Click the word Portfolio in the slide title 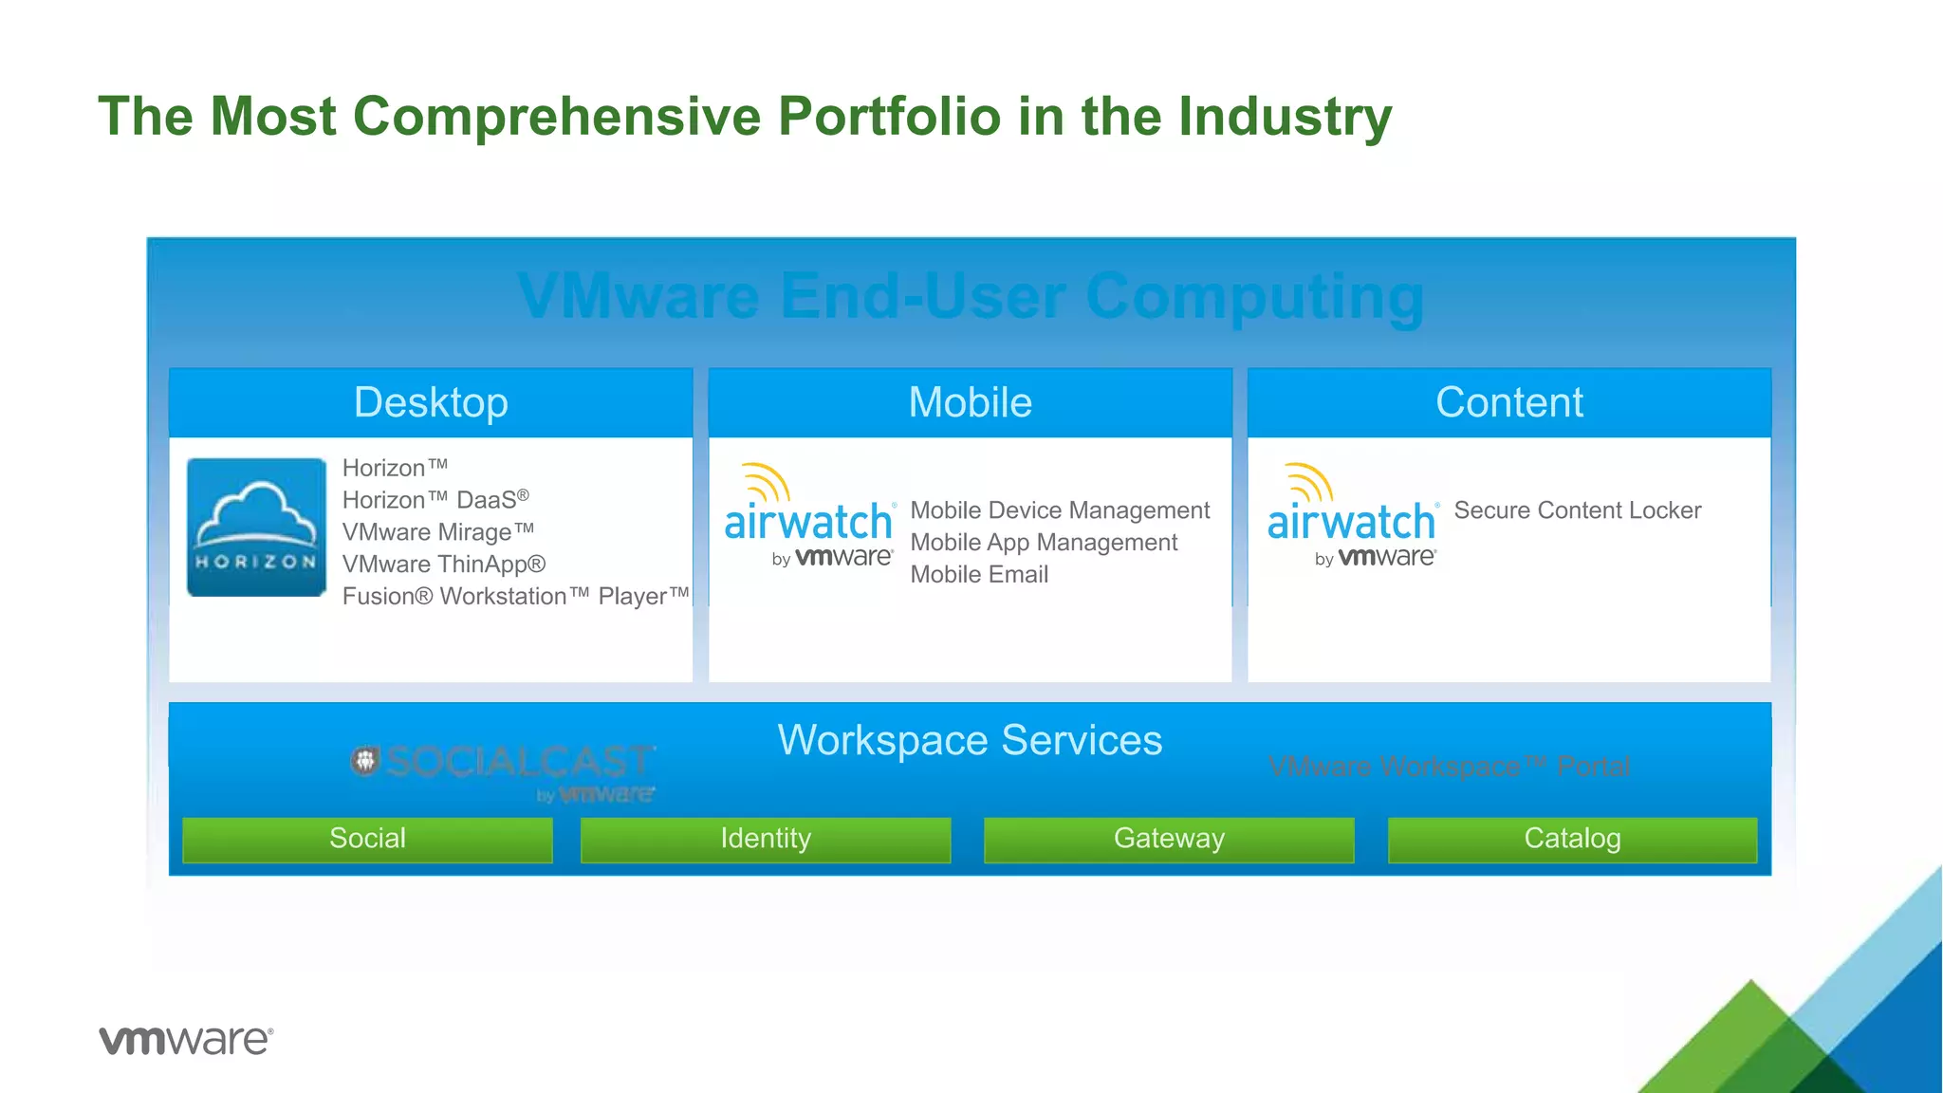(889, 117)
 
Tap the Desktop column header (431, 402)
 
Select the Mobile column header (970, 402)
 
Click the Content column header (1508, 402)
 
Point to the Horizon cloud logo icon (256, 528)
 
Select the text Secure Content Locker (1577, 510)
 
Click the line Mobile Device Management (1059, 510)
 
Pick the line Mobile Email (979, 575)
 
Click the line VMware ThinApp (443, 565)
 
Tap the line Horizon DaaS (435, 500)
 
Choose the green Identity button (765, 839)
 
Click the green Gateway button (1169, 839)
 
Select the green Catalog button (1572, 839)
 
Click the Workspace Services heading (970, 740)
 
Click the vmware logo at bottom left (186, 1040)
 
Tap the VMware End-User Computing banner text (970, 297)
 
